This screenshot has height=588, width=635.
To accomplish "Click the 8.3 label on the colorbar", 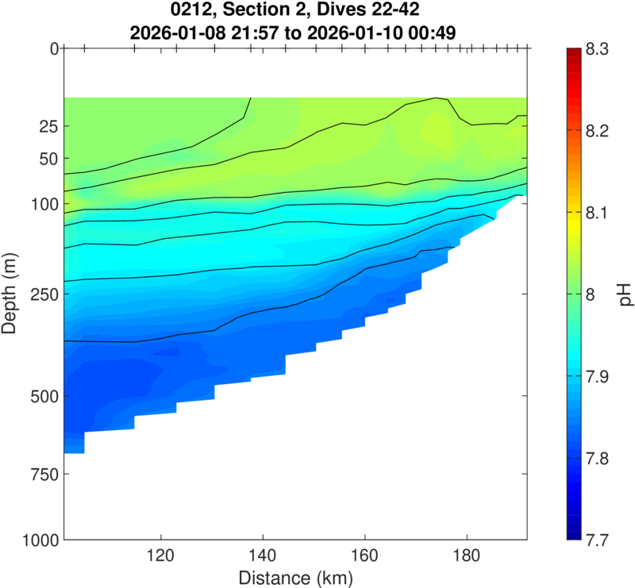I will pos(595,49).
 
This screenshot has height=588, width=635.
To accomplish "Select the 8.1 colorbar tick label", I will pos(595,213).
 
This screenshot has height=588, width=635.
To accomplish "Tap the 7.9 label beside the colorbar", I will pos(595,376).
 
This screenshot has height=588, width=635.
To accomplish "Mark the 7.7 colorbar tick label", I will pos(595,540).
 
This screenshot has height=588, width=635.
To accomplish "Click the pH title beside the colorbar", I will pos(625,294).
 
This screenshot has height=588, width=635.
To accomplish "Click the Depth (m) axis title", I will pos(13,294).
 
